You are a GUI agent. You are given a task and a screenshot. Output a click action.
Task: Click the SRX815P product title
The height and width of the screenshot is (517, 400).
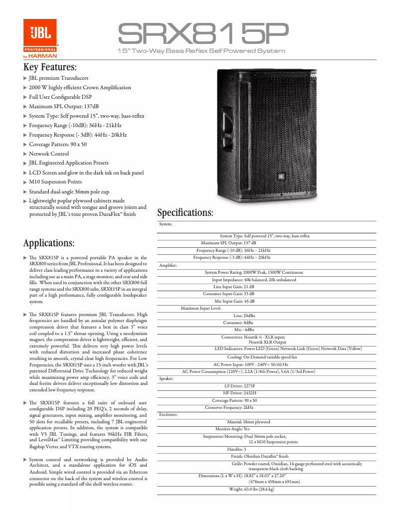[x=202, y=34]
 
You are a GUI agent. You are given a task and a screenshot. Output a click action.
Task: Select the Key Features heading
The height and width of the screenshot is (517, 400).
[x=50, y=67]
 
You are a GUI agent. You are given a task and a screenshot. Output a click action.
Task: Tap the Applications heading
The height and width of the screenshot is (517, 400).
[x=49, y=243]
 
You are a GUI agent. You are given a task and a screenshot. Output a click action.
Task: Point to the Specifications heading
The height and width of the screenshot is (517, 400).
[x=185, y=212]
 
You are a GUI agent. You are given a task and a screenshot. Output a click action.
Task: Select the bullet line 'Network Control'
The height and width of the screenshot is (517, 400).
[x=48, y=154]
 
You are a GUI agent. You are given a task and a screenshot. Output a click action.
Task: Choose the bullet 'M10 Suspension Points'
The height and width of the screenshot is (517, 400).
[x=55, y=181]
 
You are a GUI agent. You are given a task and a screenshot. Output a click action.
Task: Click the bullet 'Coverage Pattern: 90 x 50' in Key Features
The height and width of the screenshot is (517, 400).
[x=57, y=144]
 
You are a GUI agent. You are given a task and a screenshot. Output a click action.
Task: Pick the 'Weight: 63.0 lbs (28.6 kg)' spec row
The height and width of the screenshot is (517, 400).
[x=251, y=489]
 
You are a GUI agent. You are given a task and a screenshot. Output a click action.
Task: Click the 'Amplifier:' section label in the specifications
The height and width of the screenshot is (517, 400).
[x=168, y=265]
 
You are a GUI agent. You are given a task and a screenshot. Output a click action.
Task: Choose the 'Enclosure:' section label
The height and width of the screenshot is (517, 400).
[x=168, y=414]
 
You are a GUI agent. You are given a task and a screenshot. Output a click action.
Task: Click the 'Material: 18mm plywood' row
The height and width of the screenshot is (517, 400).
[x=248, y=422]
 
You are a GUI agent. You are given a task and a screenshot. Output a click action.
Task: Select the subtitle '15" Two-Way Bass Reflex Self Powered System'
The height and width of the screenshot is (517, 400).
[x=201, y=51]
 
